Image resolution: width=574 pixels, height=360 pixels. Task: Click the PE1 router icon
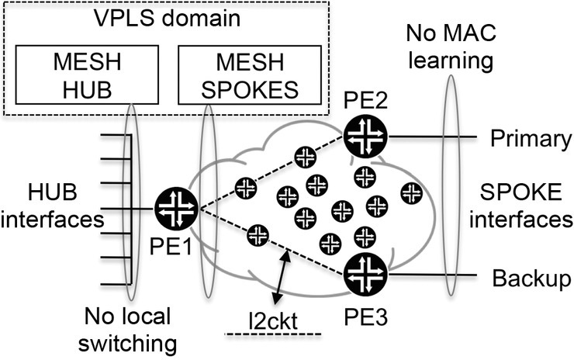(x=177, y=208)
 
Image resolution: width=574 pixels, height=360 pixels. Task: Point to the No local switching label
(x=130, y=329)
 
